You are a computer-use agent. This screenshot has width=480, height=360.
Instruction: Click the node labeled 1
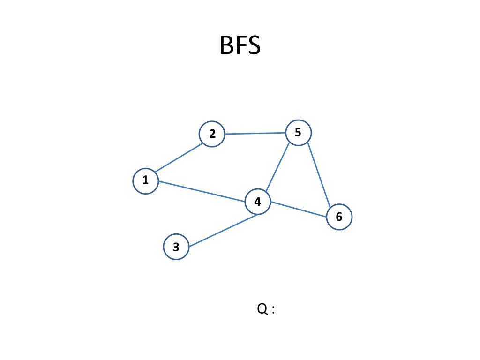[145, 180]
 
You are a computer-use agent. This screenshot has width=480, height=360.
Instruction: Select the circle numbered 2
[212, 134]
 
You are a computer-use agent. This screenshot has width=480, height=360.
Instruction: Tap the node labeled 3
[176, 247]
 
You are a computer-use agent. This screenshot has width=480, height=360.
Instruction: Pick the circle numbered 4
[258, 202]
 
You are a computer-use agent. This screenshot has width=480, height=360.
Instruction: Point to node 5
[298, 133]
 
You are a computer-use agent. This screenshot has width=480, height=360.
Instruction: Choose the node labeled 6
[339, 217]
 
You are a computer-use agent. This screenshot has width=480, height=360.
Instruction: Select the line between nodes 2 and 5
[255, 133]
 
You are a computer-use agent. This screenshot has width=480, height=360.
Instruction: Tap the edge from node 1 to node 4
[202, 191]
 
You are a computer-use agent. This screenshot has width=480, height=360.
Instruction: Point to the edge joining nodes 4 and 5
[278, 167]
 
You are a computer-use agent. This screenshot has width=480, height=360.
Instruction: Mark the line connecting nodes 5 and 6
[319, 174]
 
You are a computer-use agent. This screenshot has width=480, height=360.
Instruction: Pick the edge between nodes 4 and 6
[299, 209]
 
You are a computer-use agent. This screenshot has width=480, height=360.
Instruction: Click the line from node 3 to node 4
[223, 230]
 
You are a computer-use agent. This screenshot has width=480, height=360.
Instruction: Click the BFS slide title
[240, 46]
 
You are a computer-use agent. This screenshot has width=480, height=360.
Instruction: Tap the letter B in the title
[227, 46]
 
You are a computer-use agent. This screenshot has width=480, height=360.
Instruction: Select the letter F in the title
[240, 46]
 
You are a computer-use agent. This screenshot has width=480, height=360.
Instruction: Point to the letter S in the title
[253, 46]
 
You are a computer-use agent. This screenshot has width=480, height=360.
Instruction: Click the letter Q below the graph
[262, 309]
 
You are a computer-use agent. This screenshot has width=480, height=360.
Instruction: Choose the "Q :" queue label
[266, 309]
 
